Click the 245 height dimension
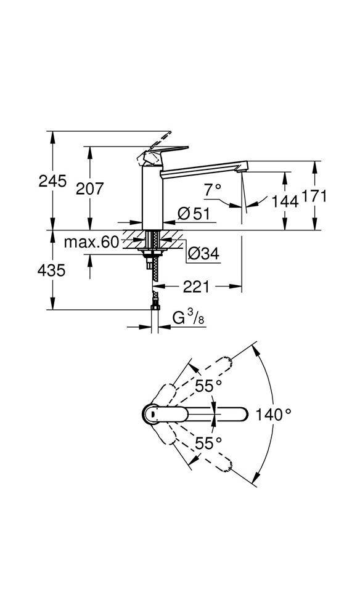point(52,181)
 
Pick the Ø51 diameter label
point(194,214)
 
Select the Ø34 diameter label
point(203,253)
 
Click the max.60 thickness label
point(91,242)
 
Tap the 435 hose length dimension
point(52,270)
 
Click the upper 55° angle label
point(208,386)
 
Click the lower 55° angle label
point(208,443)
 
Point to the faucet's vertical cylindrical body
point(151,197)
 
